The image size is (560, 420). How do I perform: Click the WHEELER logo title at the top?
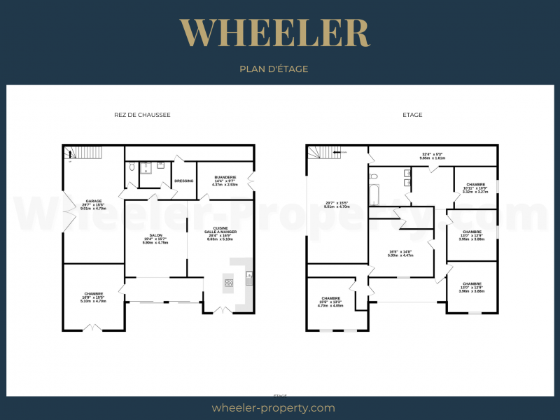coord(274,32)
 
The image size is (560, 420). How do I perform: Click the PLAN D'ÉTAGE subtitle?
coord(274,69)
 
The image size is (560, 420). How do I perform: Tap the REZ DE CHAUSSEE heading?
coord(142,115)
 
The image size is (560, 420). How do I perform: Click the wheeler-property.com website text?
coord(273,407)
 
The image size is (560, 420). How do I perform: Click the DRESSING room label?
coord(184,181)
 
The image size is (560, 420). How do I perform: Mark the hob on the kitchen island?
coord(228,283)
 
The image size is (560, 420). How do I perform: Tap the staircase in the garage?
coord(84,152)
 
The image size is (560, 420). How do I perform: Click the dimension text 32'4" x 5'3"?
coord(432,156)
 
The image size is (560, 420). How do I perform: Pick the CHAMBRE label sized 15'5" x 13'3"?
coord(330,302)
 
